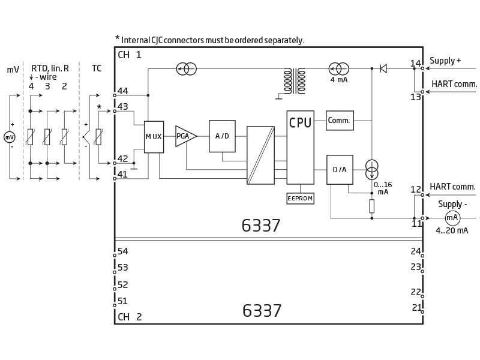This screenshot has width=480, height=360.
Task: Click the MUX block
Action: pos(154,137)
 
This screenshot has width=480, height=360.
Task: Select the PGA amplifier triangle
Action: pos(185,136)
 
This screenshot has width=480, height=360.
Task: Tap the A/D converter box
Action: pos(222,136)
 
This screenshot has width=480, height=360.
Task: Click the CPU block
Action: pos(301,147)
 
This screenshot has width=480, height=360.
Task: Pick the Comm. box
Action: pos(340,121)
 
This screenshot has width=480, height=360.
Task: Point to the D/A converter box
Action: pos(340,170)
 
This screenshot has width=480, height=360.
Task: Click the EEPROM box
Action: pos(300,199)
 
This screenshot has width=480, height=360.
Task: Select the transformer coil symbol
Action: pos(295,81)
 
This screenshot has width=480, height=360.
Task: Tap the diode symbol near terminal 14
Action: pos(383,68)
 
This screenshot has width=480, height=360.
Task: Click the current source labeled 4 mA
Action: pos(338,69)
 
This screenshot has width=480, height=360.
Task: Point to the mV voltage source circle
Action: pos(9,137)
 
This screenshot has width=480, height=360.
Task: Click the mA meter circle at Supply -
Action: pos(452,218)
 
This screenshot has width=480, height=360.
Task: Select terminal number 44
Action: pos(123,91)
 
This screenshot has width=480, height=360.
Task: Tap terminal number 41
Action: pos(122,174)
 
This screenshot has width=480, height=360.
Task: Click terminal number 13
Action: pos(415,97)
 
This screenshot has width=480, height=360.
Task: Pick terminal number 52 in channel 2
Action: pos(123,284)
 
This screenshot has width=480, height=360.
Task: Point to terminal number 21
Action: pos(416,307)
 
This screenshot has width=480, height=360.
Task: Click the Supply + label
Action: pos(445,61)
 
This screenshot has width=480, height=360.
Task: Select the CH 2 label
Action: pos(130,317)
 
